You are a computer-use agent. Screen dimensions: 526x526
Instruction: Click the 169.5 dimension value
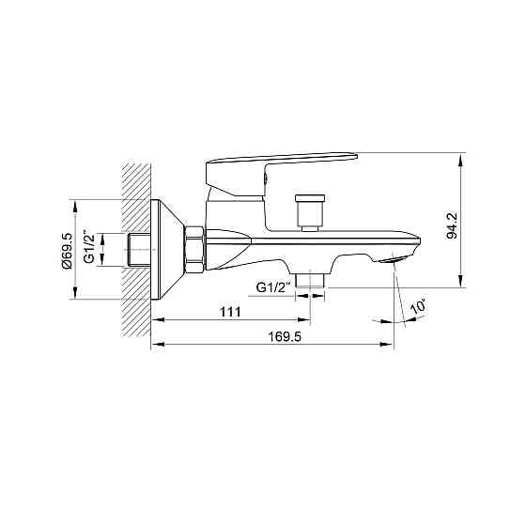(285, 336)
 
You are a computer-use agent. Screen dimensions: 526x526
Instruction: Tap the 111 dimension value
(230, 312)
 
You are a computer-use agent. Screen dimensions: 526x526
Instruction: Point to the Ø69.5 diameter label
(67, 250)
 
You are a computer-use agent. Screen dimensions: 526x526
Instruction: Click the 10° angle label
(418, 306)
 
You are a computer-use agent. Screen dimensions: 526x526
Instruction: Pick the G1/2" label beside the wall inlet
(89, 246)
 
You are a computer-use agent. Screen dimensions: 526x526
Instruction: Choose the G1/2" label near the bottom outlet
(272, 287)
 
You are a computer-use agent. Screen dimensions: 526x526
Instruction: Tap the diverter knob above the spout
(310, 212)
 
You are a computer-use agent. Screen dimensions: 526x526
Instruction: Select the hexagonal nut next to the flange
(194, 250)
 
